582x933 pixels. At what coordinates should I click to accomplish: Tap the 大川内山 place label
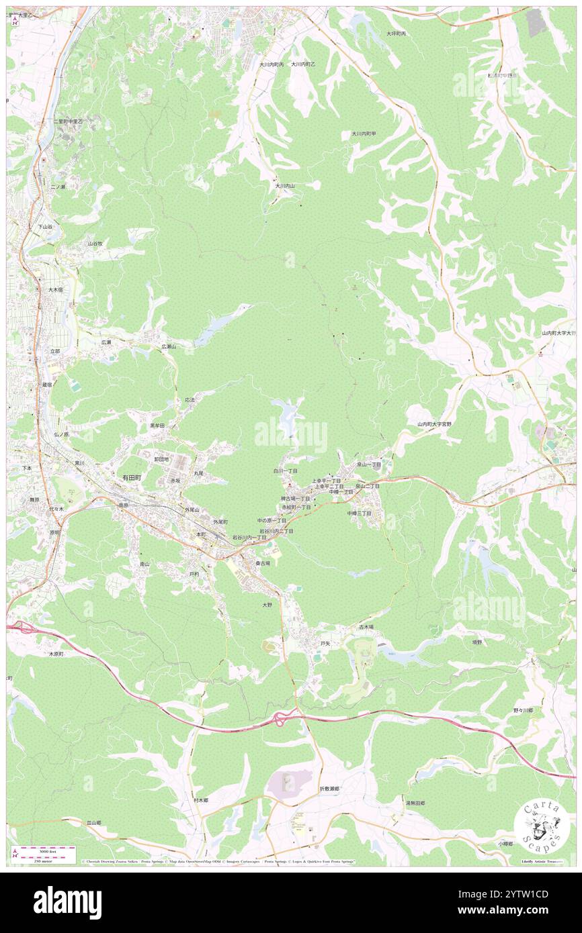tap(284, 186)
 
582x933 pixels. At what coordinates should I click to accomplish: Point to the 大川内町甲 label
tap(364, 134)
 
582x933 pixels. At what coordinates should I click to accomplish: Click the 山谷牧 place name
tap(95, 244)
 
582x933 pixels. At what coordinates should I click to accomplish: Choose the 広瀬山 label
tap(168, 346)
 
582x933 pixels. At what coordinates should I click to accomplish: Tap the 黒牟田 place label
tap(157, 426)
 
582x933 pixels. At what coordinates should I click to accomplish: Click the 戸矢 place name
tap(325, 642)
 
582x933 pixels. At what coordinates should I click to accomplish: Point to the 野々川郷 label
tap(523, 709)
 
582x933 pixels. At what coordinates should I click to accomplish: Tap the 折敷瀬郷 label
tap(329, 789)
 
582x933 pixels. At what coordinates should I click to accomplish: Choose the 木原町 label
tap(59, 653)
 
